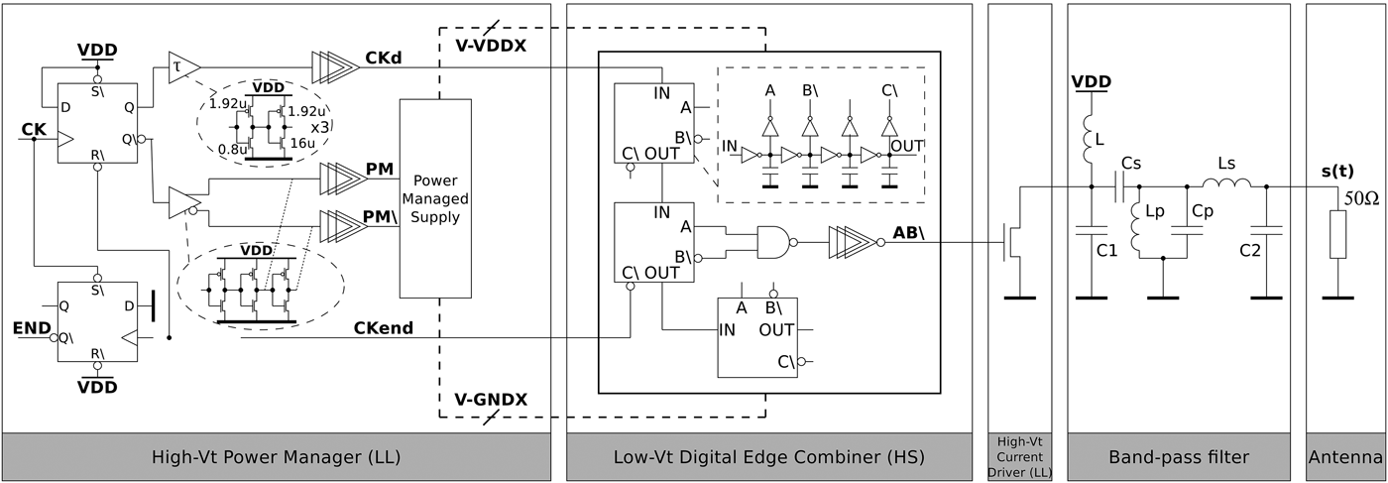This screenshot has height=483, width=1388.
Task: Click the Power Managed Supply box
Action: (x=435, y=198)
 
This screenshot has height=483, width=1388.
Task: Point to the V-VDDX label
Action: (x=491, y=46)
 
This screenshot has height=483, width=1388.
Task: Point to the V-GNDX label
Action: (x=491, y=400)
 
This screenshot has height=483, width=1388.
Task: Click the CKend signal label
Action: (x=383, y=327)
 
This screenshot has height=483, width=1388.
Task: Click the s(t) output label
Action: (x=1339, y=172)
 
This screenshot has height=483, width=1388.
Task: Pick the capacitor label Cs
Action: (x=1131, y=162)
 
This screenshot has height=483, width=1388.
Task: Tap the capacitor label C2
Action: (x=1250, y=252)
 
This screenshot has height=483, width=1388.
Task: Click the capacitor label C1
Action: (x=1106, y=252)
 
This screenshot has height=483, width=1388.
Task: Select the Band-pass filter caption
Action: (x=1178, y=457)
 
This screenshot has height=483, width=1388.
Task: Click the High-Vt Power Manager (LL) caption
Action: (x=276, y=457)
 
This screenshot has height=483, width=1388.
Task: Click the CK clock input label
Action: (x=32, y=129)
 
